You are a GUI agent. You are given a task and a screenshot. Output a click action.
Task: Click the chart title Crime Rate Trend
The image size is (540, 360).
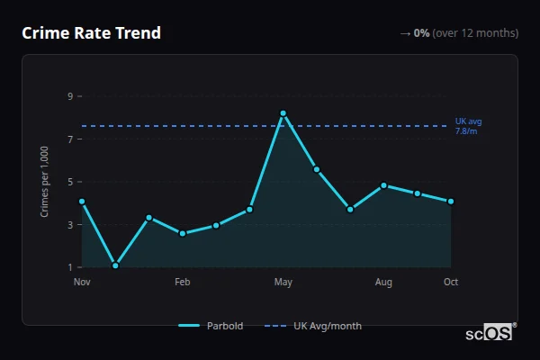91,33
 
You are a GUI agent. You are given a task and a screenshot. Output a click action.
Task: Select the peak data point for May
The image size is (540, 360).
283,113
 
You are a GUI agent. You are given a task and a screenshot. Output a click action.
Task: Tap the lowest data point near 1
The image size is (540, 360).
115,265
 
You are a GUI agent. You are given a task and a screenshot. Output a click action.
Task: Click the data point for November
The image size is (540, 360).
82,202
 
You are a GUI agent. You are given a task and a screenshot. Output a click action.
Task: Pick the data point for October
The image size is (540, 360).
451,202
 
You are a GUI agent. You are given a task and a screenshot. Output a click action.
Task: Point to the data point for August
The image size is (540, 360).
383,185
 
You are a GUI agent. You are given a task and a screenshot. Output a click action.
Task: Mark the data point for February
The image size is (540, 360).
183,233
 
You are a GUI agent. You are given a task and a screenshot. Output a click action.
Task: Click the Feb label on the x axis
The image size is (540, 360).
183,283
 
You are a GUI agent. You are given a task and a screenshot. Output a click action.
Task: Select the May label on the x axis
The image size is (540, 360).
283,283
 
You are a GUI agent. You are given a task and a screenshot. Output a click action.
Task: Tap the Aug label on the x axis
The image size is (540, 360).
383,283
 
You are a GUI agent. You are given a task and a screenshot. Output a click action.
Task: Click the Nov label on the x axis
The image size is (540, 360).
82,283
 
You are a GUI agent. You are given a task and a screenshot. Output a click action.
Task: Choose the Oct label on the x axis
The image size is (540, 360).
451,283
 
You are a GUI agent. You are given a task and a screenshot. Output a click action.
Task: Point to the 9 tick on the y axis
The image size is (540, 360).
68,96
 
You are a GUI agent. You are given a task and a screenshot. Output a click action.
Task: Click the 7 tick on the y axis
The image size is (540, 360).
68,139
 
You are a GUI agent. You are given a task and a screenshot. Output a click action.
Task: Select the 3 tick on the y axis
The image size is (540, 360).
68,225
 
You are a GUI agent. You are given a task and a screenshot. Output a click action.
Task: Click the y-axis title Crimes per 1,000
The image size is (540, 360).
45,182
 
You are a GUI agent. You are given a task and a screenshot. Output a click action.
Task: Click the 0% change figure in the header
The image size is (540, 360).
421,33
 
